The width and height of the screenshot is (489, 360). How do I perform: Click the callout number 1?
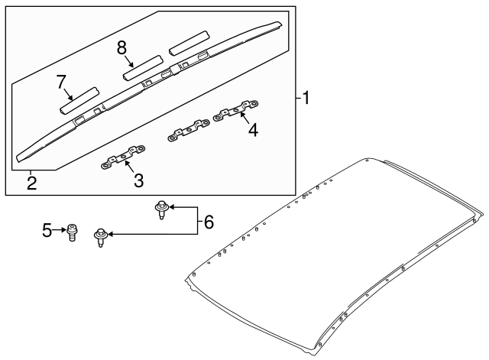point(306,98)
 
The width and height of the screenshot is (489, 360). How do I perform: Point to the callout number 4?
point(252,131)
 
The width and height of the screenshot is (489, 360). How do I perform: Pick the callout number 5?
point(47,229)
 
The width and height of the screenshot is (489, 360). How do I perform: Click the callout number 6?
point(209,223)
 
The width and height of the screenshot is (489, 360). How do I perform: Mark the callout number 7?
point(60,81)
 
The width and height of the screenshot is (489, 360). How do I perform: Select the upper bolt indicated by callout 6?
point(161,208)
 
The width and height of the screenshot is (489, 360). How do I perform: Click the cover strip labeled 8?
point(143,67)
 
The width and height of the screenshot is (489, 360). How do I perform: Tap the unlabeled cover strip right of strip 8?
point(189,43)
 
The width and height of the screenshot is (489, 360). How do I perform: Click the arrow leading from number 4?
point(244,118)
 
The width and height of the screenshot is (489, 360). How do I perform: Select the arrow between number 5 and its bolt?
point(59,229)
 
